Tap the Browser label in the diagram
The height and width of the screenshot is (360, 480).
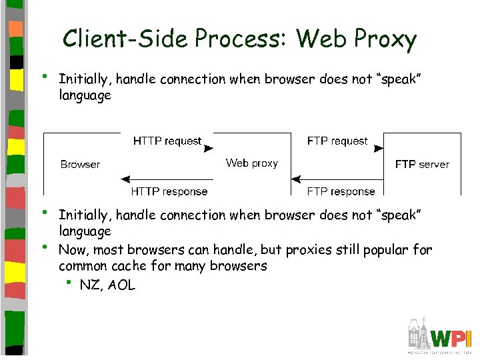80,165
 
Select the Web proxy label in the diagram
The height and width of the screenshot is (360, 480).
251,163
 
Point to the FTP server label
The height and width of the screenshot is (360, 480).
422,165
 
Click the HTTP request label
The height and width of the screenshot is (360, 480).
167,141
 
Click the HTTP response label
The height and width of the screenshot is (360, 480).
169,191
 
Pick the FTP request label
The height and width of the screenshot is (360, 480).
337,141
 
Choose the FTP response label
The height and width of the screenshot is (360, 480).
341,191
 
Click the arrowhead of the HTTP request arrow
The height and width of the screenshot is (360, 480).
208,149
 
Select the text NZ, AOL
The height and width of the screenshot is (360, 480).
107,285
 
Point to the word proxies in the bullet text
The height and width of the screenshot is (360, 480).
309,250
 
